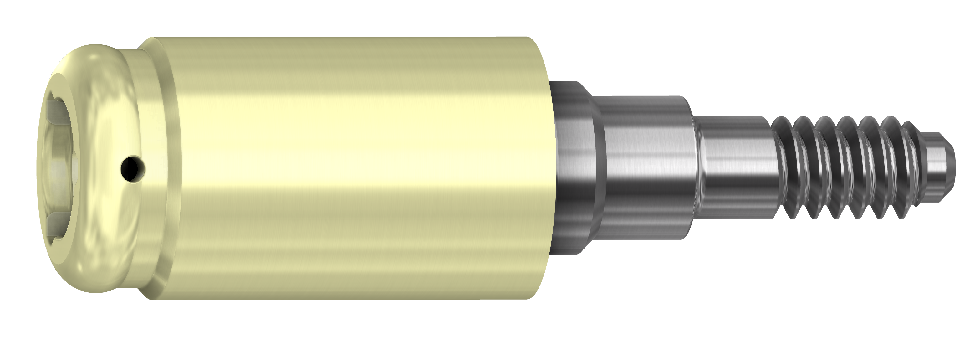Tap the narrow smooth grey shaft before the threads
point(734,169)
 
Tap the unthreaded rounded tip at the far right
point(938,169)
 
